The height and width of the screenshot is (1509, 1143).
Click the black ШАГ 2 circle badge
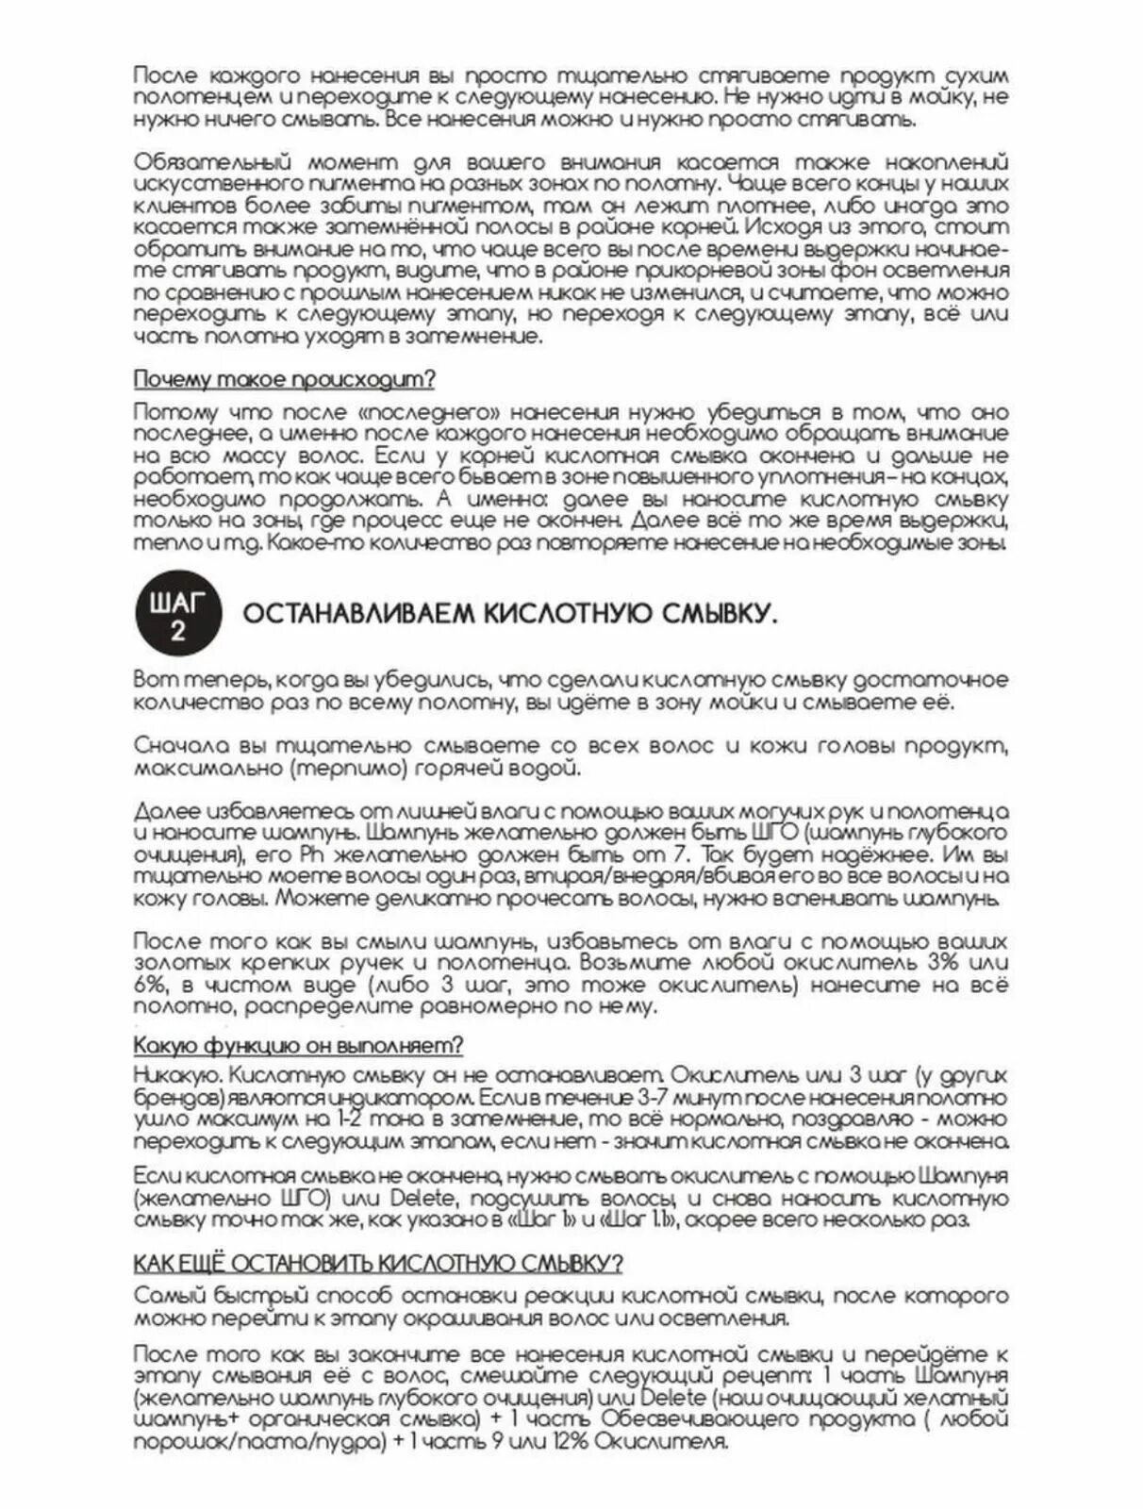click(x=176, y=616)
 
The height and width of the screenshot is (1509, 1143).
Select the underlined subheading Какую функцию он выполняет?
click(x=298, y=1046)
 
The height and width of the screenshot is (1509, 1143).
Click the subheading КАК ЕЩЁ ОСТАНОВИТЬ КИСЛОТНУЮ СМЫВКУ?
click(x=378, y=1264)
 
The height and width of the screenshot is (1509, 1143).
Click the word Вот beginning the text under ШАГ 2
click(x=151, y=680)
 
